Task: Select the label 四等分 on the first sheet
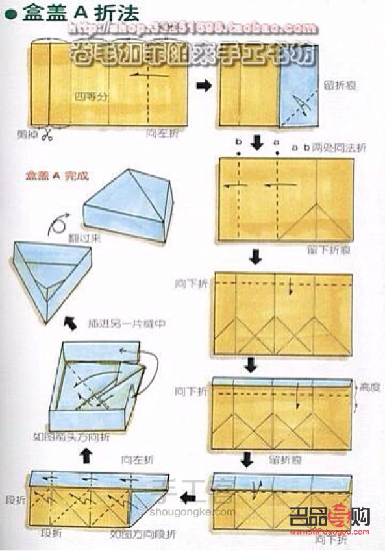88,96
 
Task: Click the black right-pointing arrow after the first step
203,86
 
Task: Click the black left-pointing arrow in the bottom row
188,498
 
